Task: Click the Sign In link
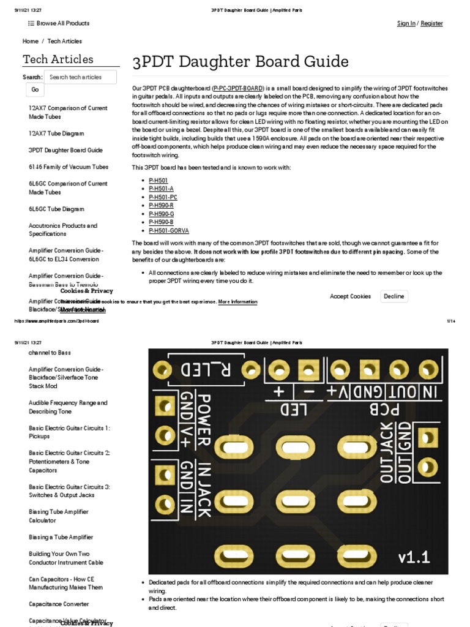click(406, 23)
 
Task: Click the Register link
click(431, 23)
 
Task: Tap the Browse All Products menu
click(59, 23)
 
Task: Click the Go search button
click(35, 90)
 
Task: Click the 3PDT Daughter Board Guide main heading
click(241, 62)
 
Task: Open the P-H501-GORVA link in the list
click(169, 231)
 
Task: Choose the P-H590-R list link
click(161, 206)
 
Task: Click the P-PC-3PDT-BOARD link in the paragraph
click(239, 88)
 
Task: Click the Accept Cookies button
click(350, 296)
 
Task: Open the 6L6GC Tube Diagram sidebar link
click(56, 209)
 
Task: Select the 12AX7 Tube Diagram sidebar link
click(56, 133)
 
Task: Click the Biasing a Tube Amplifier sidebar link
click(61, 537)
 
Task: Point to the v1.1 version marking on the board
click(414, 557)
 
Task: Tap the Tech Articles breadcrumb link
click(64, 41)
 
